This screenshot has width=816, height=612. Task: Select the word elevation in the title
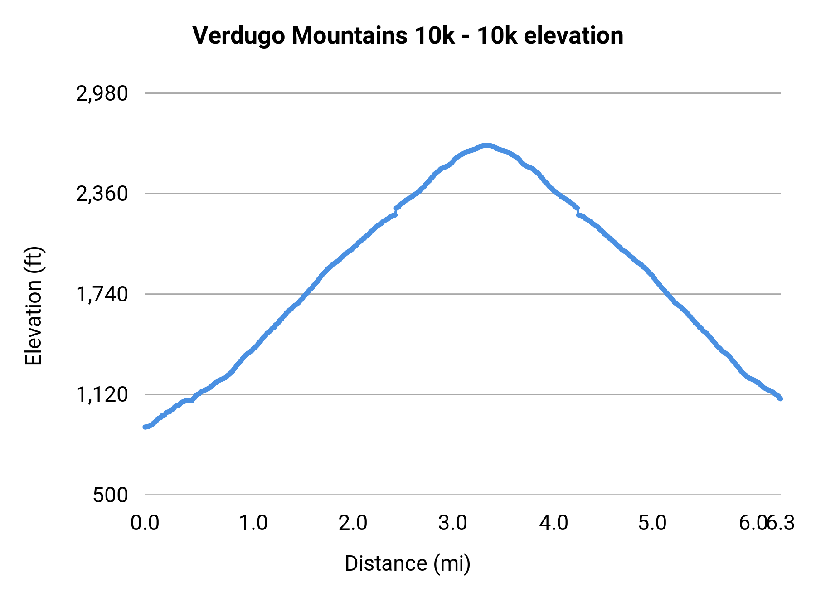[573, 36]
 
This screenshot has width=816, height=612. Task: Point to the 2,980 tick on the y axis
[102, 94]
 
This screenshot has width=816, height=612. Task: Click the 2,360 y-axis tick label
[102, 194]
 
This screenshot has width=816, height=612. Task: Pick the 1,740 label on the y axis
[102, 295]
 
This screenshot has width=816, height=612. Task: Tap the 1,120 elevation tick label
[102, 395]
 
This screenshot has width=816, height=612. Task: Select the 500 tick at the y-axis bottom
[111, 495]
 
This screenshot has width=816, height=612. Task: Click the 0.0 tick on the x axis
[145, 523]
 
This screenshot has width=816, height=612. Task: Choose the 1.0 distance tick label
[253, 523]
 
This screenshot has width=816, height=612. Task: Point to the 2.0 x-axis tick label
[353, 523]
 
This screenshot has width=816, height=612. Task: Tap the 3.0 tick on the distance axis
[453, 523]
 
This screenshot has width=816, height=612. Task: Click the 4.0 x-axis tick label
[554, 523]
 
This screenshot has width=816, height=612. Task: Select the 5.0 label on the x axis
[653, 523]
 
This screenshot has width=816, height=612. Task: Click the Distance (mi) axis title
[408, 563]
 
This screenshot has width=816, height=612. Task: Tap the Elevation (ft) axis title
[34, 306]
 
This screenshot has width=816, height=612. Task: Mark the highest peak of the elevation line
[486, 146]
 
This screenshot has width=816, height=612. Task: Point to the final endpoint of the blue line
[781, 399]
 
